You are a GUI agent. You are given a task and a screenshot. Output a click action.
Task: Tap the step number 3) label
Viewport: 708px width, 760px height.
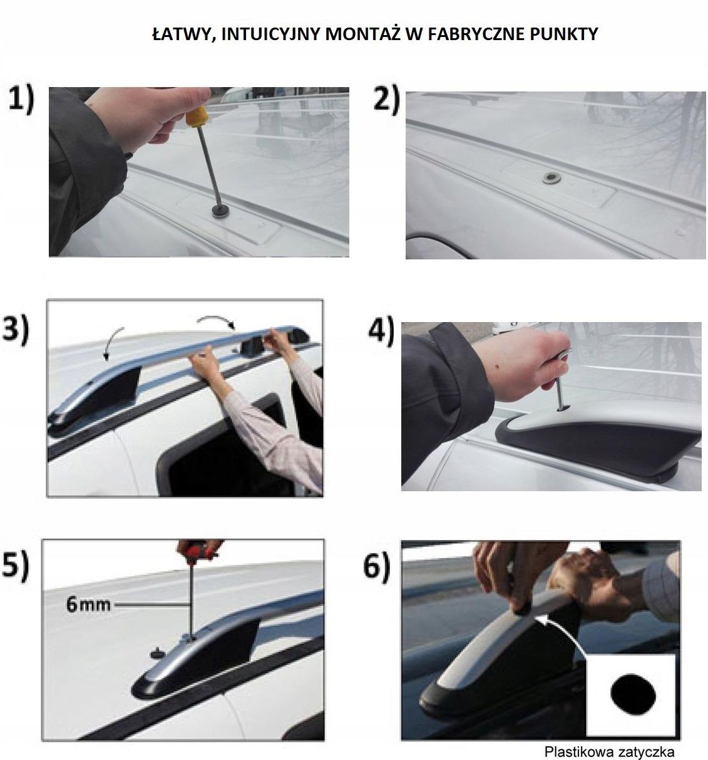click(15, 329)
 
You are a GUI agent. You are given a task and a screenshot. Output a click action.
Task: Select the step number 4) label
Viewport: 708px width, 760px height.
click(381, 330)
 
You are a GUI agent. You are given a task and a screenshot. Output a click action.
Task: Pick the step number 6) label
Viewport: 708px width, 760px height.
click(376, 566)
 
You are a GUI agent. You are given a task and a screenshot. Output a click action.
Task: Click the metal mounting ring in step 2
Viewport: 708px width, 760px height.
click(551, 177)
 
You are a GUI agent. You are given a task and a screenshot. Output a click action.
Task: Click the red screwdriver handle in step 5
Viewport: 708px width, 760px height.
click(199, 549)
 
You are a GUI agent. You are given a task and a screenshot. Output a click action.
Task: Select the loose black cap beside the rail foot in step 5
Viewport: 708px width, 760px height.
click(158, 652)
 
